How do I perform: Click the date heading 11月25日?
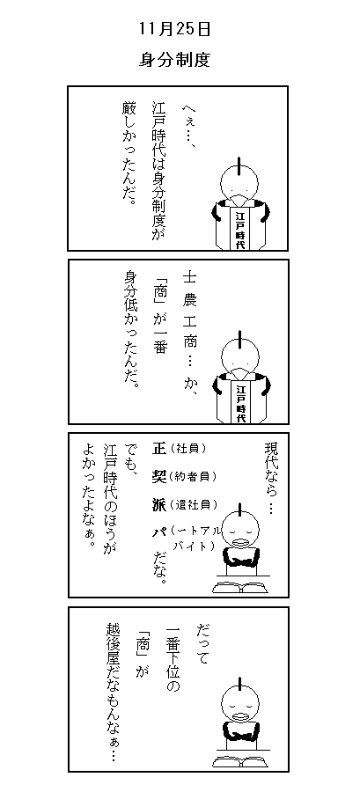174,29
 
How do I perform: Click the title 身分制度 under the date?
174,61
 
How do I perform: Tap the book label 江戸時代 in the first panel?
239,229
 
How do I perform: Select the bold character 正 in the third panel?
158,448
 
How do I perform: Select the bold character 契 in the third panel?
158,476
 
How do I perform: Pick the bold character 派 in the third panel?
158,503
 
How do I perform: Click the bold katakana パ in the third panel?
158,532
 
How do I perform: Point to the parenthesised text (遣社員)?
194,504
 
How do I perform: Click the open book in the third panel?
240,588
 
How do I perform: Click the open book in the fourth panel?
240,761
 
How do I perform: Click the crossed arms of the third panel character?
241,558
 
